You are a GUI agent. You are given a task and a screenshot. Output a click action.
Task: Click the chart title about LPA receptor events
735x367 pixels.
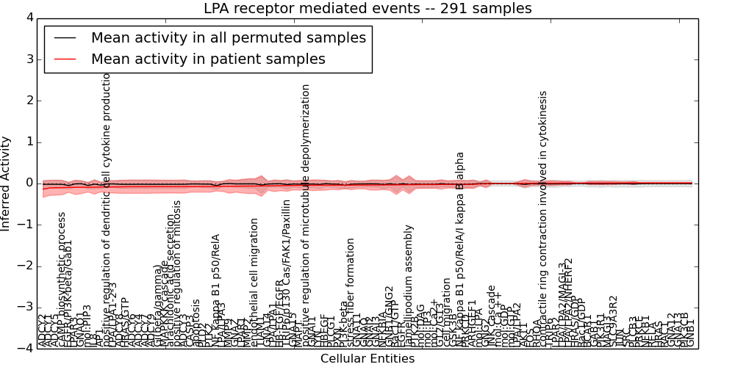coord(367,9)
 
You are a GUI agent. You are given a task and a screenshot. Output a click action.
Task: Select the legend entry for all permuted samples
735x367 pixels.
coord(228,38)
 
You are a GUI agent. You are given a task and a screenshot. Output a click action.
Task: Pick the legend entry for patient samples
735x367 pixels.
coord(208,59)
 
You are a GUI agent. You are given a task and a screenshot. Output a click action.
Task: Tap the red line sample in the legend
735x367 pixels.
coord(65,59)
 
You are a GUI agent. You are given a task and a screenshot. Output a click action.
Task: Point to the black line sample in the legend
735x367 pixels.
coord(65,38)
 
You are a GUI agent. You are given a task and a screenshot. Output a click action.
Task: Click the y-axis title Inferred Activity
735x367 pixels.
coord(7,183)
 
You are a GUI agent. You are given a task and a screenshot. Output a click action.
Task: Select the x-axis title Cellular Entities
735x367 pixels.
coord(367,359)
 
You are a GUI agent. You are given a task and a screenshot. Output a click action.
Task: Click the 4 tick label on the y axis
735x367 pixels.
coord(29,18)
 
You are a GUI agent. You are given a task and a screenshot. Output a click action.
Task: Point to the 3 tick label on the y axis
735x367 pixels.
coord(29,59)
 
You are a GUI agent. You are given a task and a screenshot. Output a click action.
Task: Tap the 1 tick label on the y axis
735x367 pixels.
coord(29,142)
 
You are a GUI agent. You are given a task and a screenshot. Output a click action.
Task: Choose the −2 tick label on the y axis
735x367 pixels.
coord(26,266)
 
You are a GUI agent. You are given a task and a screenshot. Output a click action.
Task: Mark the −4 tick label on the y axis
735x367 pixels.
coord(26,348)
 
